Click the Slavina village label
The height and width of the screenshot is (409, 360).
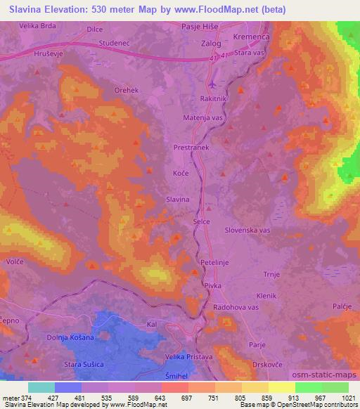click(x=178, y=200)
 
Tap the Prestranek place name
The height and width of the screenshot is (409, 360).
click(x=191, y=148)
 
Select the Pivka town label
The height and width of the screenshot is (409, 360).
click(x=212, y=286)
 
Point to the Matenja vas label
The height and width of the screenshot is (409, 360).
click(x=202, y=119)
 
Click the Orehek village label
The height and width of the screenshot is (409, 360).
click(x=127, y=91)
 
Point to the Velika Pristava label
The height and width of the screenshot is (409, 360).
click(x=203, y=357)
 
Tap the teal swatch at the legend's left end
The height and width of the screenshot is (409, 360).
click(x=41, y=387)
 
